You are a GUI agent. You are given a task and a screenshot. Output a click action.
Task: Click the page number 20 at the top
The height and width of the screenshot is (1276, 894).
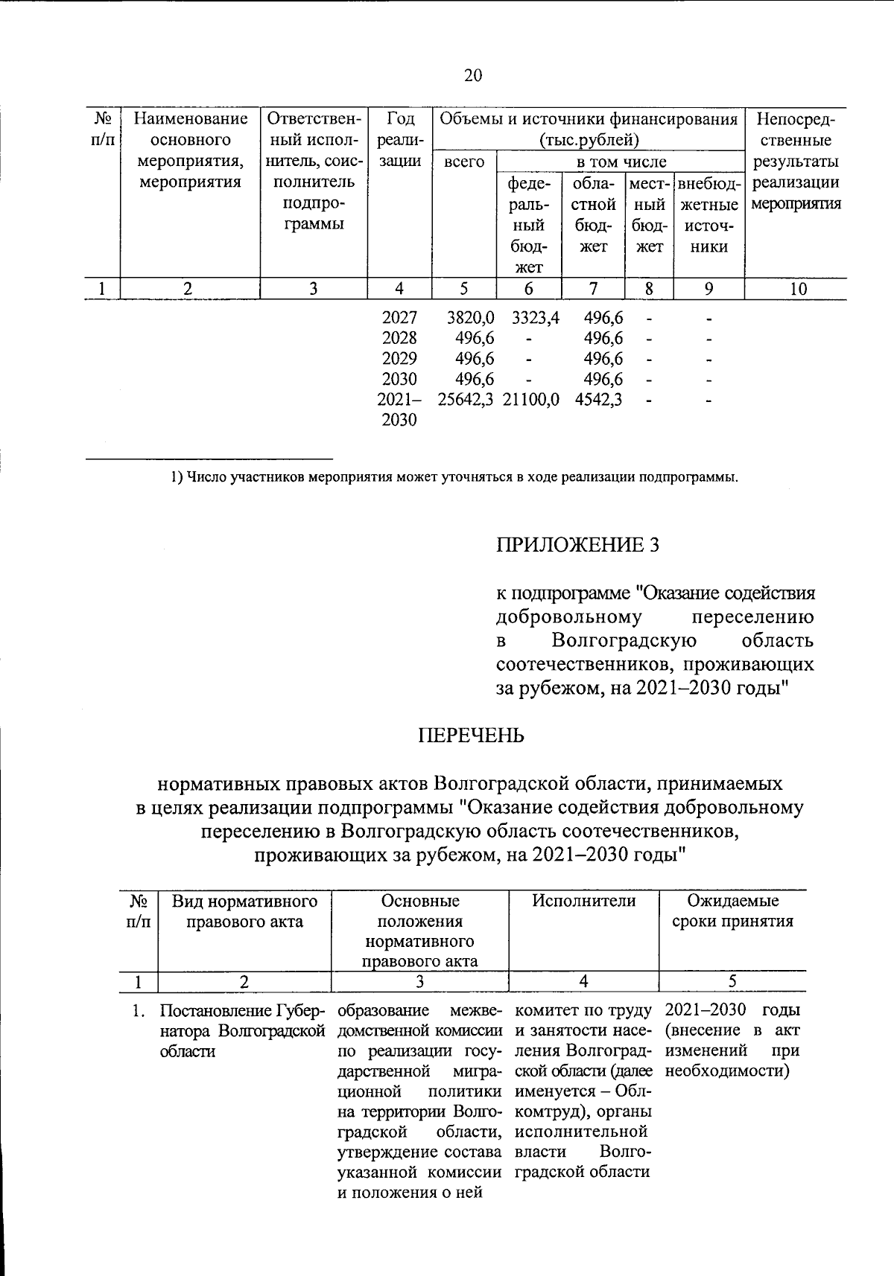coord(472,75)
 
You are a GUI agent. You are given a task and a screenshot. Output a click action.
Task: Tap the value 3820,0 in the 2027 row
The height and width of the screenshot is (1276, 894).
coord(470,318)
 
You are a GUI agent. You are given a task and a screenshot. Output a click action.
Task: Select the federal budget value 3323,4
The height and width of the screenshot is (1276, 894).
coord(535,318)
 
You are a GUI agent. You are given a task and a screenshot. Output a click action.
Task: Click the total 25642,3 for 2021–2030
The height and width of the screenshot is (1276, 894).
coord(466,399)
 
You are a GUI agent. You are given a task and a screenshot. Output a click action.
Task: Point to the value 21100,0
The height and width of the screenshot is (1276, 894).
coord(531,399)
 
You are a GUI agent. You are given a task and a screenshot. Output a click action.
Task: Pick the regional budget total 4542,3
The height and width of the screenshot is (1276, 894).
coord(599,399)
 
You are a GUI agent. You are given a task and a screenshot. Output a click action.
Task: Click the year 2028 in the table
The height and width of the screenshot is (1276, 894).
coord(399,338)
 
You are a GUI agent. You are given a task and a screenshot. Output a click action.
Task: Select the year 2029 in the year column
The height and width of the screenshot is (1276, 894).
coord(399,358)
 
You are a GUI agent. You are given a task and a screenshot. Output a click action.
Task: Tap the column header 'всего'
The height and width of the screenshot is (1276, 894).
coord(463,162)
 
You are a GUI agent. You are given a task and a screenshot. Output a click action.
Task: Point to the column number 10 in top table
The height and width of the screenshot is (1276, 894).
coord(798,289)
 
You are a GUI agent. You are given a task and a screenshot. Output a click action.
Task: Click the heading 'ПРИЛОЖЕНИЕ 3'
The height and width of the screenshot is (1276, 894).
coord(578,545)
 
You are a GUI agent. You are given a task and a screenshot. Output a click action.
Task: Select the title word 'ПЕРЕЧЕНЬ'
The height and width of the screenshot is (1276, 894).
coord(471,736)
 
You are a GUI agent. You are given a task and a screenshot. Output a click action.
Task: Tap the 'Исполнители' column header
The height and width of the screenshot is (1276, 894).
coord(583,901)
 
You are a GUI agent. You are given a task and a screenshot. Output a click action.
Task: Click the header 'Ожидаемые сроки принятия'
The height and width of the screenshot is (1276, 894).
coord(732,911)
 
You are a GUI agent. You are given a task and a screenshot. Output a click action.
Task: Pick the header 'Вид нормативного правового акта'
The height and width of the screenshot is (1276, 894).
coord(244,911)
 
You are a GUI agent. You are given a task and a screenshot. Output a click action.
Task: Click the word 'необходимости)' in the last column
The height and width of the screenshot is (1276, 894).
coord(727,1071)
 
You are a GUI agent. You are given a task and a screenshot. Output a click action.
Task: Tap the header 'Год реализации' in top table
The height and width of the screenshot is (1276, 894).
coord(399,140)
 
